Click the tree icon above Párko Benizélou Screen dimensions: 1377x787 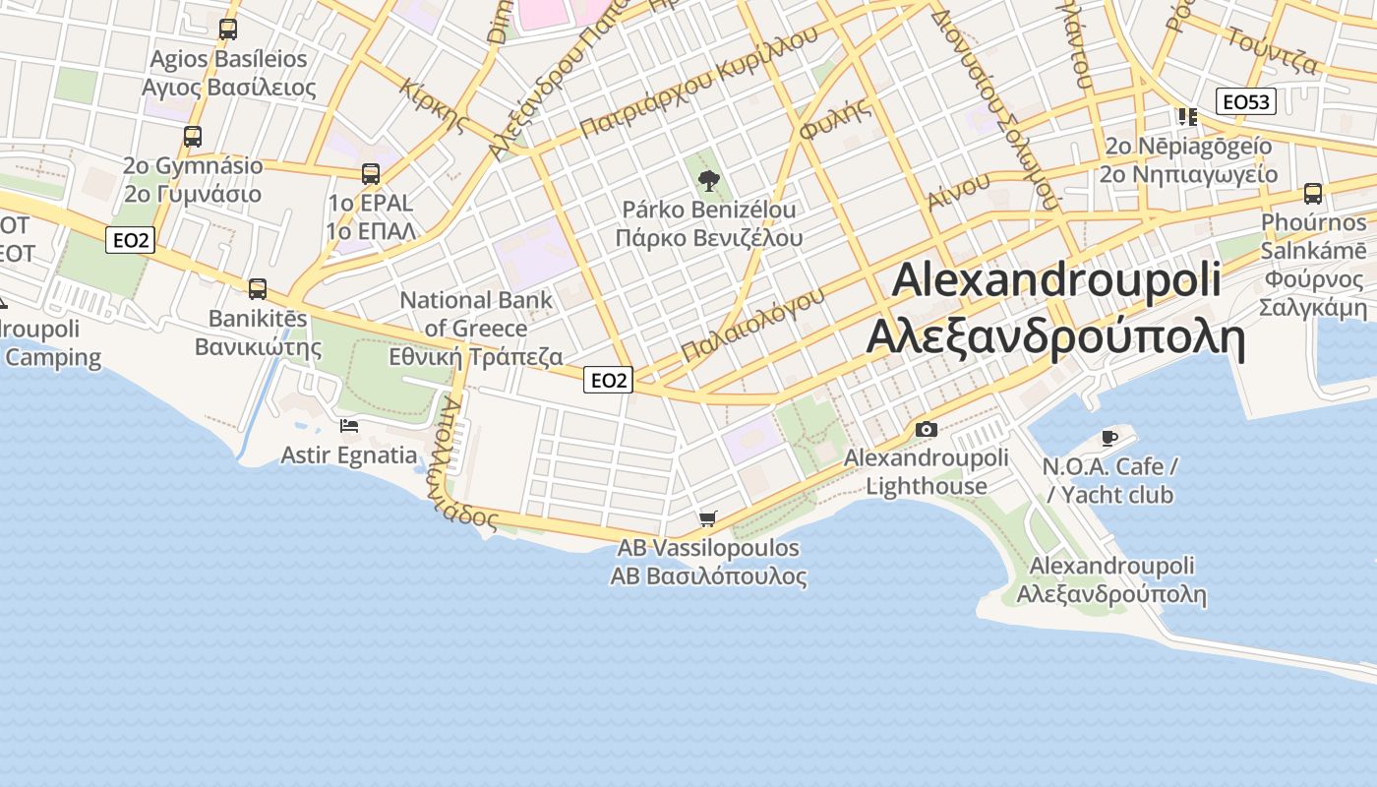click(707, 180)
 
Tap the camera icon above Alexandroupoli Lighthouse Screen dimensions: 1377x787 click(926, 429)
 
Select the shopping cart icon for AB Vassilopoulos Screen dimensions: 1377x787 click(707, 518)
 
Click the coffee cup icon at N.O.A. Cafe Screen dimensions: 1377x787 click(1109, 437)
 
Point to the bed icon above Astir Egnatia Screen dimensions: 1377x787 click(349, 426)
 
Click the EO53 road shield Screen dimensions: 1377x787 click(1245, 101)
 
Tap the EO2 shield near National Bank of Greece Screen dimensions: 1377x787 click(608, 380)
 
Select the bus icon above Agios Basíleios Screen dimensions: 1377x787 click(228, 30)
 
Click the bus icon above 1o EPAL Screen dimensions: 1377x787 click(371, 174)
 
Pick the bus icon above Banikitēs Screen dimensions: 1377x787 click(258, 289)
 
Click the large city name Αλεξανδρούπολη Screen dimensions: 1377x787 click(1055, 337)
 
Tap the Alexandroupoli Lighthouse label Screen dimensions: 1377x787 click(927, 472)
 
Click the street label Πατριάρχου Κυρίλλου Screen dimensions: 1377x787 click(698, 82)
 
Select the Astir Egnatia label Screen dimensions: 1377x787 click(349, 455)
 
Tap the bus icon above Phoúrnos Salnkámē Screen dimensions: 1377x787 click(1312, 193)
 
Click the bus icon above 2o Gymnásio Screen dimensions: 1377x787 click(193, 137)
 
